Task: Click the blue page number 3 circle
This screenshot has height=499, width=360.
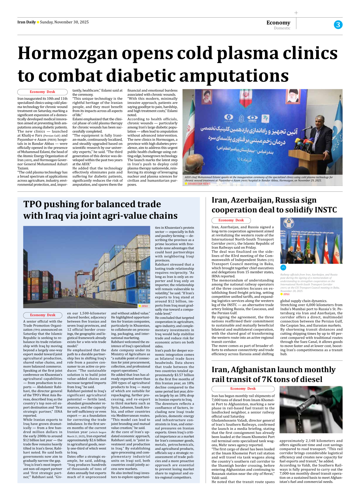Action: (x=338, y=25)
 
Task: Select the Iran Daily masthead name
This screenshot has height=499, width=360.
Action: (x=26, y=22)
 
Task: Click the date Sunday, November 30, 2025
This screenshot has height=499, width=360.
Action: (x=64, y=22)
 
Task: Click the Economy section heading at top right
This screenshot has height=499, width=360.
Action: (x=278, y=22)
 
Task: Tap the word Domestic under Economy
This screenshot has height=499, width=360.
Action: (x=282, y=28)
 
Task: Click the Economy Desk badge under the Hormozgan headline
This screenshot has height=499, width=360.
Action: (x=42, y=92)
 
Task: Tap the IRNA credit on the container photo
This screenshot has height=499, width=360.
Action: (x=144, y=306)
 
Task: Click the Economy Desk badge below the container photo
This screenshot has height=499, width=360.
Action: (x=43, y=315)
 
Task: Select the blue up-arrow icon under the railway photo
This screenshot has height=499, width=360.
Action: (x=283, y=267)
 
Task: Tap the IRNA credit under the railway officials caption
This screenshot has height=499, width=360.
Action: (x=286, y=294)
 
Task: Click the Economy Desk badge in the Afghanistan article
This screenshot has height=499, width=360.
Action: (x=243, y=388)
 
